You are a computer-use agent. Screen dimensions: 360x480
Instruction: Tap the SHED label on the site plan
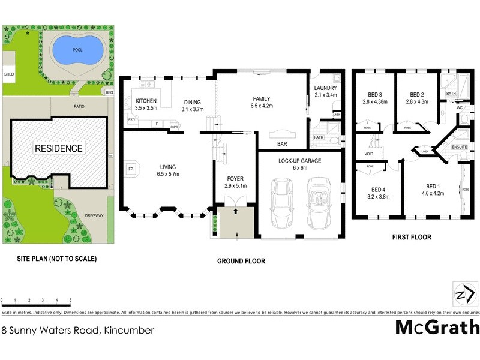9,75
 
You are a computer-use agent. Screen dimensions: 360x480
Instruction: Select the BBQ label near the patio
109,92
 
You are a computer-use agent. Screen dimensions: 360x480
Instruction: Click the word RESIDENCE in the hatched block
58,148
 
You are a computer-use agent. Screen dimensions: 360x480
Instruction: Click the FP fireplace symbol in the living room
130,169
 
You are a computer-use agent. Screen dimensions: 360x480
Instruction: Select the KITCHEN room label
146,101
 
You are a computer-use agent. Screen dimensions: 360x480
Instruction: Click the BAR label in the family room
281,144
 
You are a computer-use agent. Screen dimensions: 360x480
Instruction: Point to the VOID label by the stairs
368,154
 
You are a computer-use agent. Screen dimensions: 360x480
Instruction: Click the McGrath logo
437,328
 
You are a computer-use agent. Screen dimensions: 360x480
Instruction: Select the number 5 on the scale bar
70,300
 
